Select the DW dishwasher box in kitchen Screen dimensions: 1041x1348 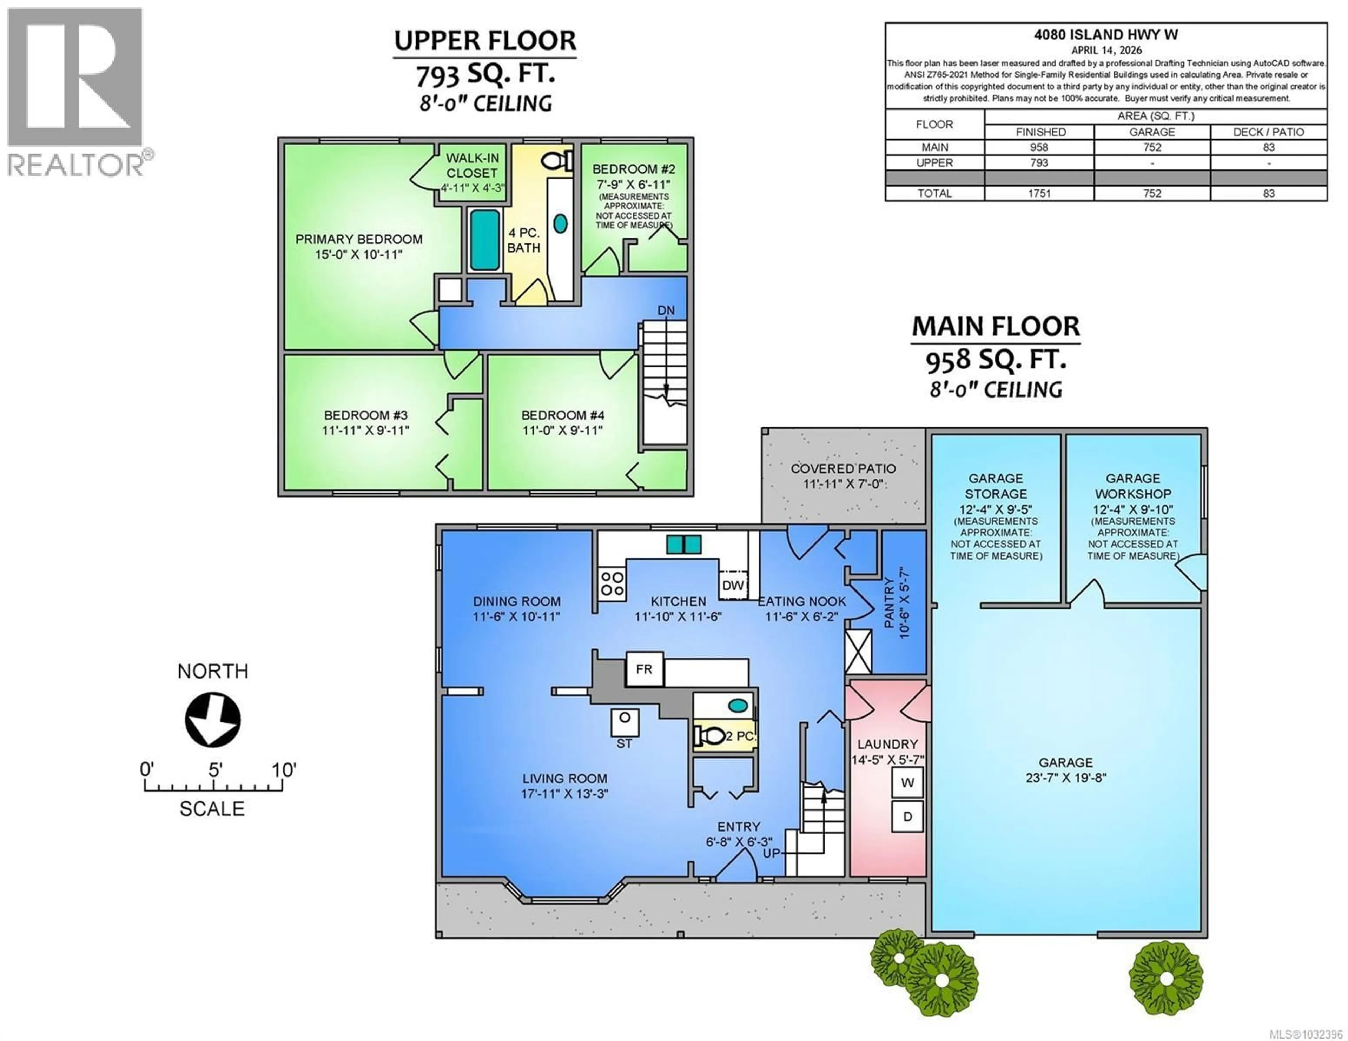point(733,585)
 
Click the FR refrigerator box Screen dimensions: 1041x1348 point(645,669)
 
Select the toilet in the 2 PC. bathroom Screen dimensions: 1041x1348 point(710,735)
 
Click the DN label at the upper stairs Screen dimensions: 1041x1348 point(666,311)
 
